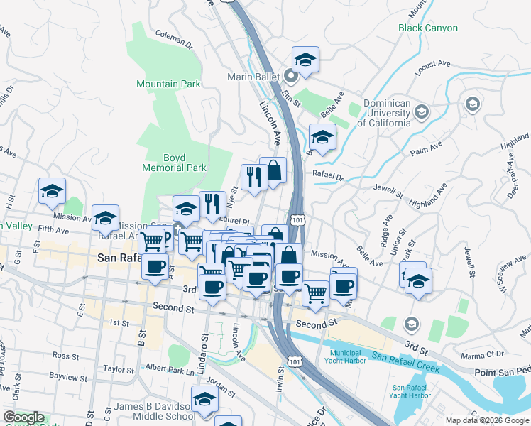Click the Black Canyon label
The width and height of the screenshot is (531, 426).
click(x=427, y=28)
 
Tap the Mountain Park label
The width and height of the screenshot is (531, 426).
click(x=168, y=84)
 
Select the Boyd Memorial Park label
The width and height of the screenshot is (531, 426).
click(x=174, y=163)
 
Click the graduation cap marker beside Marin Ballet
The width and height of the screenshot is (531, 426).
click(x=305, y=60)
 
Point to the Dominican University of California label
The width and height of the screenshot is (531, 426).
click(x=387, y=113)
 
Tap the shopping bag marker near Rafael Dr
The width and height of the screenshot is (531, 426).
click(x=273, y=170)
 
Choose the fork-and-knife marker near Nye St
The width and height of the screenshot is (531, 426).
click(x=212, y=204)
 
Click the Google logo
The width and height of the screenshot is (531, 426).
click(x=23, y=417)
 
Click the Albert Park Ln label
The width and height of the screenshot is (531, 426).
click(x=170, y=370)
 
